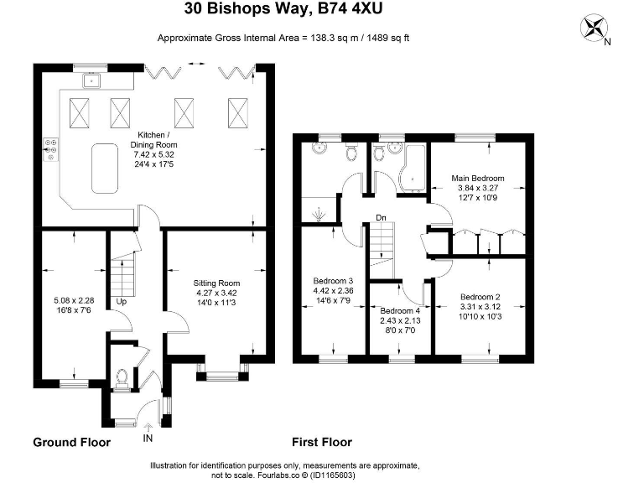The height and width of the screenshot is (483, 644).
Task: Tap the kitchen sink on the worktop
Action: click(x=92, y=80)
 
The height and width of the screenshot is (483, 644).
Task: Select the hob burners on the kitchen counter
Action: click(x=51, y=149)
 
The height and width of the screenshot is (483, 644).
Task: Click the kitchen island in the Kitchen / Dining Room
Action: click(x=105, y=168)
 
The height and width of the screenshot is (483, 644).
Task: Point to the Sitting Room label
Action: click(x=216, y=283)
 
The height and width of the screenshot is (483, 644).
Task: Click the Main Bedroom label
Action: click(x=478, y=179)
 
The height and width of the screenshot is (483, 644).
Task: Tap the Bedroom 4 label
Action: click(x=400, y=311)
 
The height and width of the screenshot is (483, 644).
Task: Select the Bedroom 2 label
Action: click(x=480, y=297)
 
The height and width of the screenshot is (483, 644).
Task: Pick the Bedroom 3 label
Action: click(x=333, y=281)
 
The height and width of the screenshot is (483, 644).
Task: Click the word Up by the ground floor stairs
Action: click(x=121, y=302)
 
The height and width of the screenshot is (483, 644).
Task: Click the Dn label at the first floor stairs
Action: click(x=381, y=217)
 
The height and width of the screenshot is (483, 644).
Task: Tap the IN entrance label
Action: click(x=148, y=439)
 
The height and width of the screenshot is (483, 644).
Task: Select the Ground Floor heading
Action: click(x=72, y=443)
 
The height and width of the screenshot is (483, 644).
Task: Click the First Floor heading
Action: click(x=322, y=443)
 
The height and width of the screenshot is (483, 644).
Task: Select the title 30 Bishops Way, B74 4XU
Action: click(x=283, y=8)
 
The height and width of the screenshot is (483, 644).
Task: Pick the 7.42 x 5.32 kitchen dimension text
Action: click(x=154, y=154)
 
